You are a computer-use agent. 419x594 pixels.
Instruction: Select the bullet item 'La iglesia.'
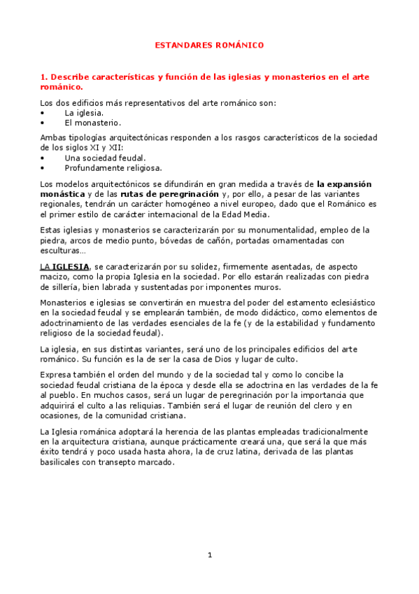click(84, 112)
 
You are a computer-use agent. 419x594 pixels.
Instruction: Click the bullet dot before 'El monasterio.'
click(43, 121)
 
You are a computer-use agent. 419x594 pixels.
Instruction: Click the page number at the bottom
click(209, 555)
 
